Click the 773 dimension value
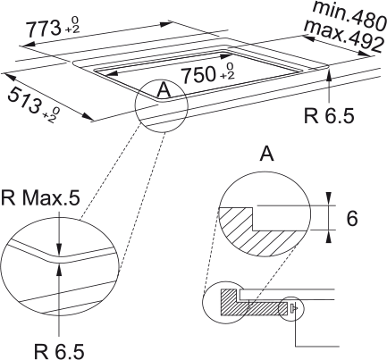pyautogui.click(x=43, y=29)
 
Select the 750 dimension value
pyautogui.click(x=199, y=74)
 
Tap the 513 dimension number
pyautogui.click(x=25, y=101)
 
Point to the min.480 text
pyautogui.click(x=349, y=14)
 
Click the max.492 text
pyautogui.click(x=342, y=35)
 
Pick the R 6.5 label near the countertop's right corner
pyautogui.click(x=329, y=115)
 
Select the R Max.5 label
pyautogui.click(x=40, y=198)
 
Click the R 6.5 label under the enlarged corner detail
pyautogui.click(x=59, y=351)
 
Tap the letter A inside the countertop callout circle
pyautogui.click(x=164, y=89)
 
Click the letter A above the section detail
pyautogui.click(x=266, y=154)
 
